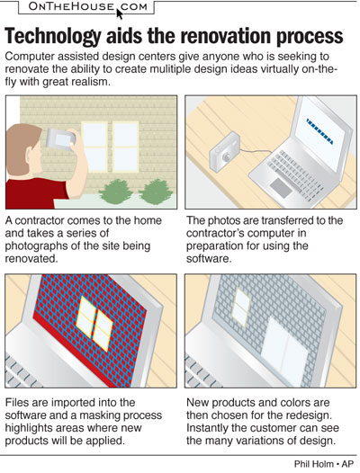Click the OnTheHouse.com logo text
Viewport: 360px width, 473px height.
(x=76, y=10)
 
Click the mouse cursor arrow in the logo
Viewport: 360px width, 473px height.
(x=119, y=13)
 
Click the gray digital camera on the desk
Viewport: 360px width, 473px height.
(x=222, y=154)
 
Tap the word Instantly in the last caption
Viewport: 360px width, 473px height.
(x=213, y=430)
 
